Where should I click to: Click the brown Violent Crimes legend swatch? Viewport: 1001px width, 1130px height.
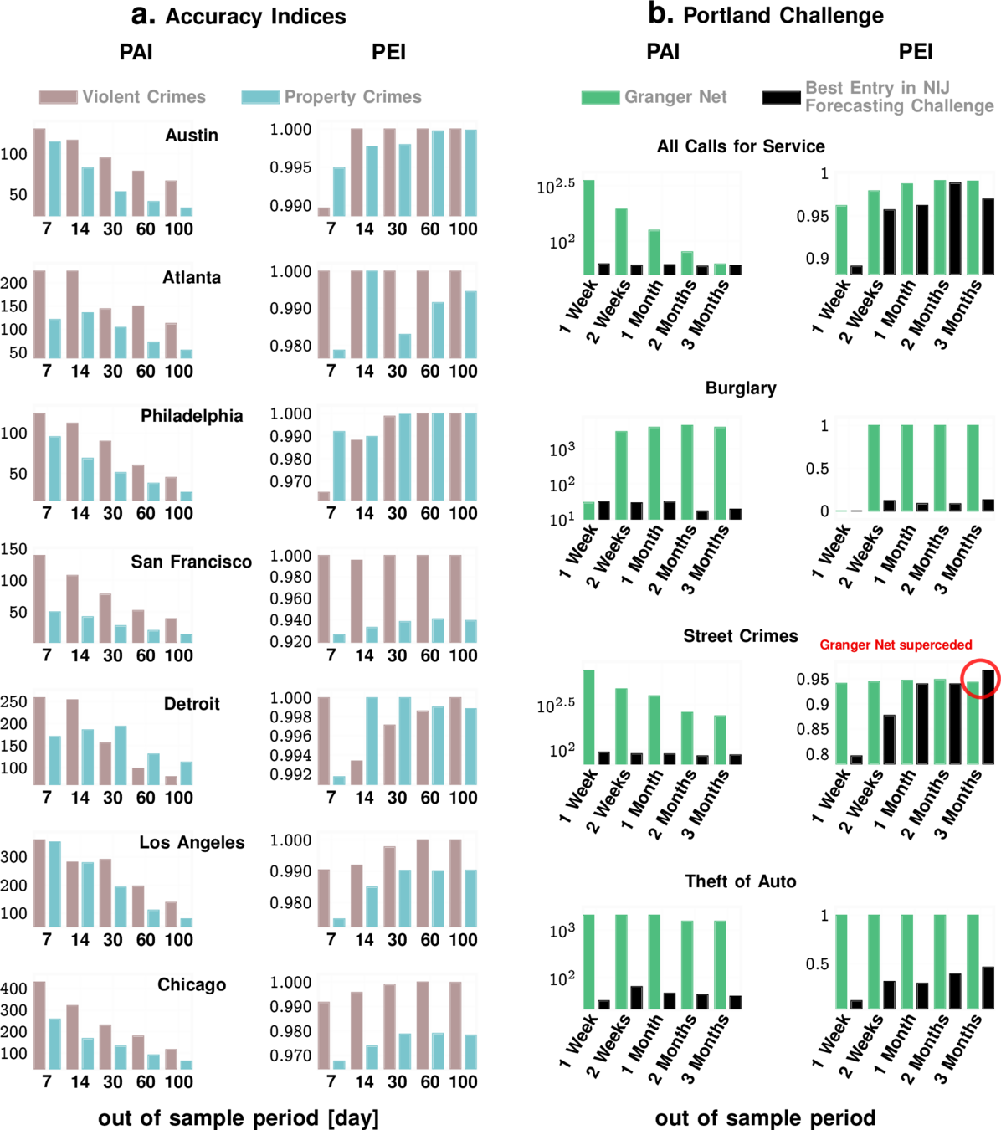[x=58, y=97]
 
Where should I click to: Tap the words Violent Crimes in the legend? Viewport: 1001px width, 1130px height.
[x=144, y=97]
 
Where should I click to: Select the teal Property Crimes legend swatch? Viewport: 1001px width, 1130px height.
[x=259, y=97]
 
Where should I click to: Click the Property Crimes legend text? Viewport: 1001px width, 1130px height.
[x=352, y=97]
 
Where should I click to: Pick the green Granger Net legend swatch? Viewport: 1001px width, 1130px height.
[x=600, y=98]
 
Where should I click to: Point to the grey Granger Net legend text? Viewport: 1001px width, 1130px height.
[x=675, y=97]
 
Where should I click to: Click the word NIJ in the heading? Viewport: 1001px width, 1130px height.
[x=936, y=88]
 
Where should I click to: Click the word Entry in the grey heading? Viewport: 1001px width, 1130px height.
[x=871, y=88]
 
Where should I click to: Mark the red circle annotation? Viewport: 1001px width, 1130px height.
[x=980, y=678]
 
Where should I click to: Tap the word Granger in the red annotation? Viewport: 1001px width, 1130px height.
[x=844, y=645]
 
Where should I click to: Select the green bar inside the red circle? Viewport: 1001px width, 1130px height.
[x=973, y=720]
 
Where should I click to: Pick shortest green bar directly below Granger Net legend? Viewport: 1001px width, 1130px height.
[x=720, y=268]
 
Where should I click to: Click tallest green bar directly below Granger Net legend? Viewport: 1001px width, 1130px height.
[x=589, y=226]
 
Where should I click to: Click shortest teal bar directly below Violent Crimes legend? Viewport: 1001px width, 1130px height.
[x=186, y=211]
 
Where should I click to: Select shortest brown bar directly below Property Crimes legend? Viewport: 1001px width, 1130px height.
[x=324, y=211]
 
